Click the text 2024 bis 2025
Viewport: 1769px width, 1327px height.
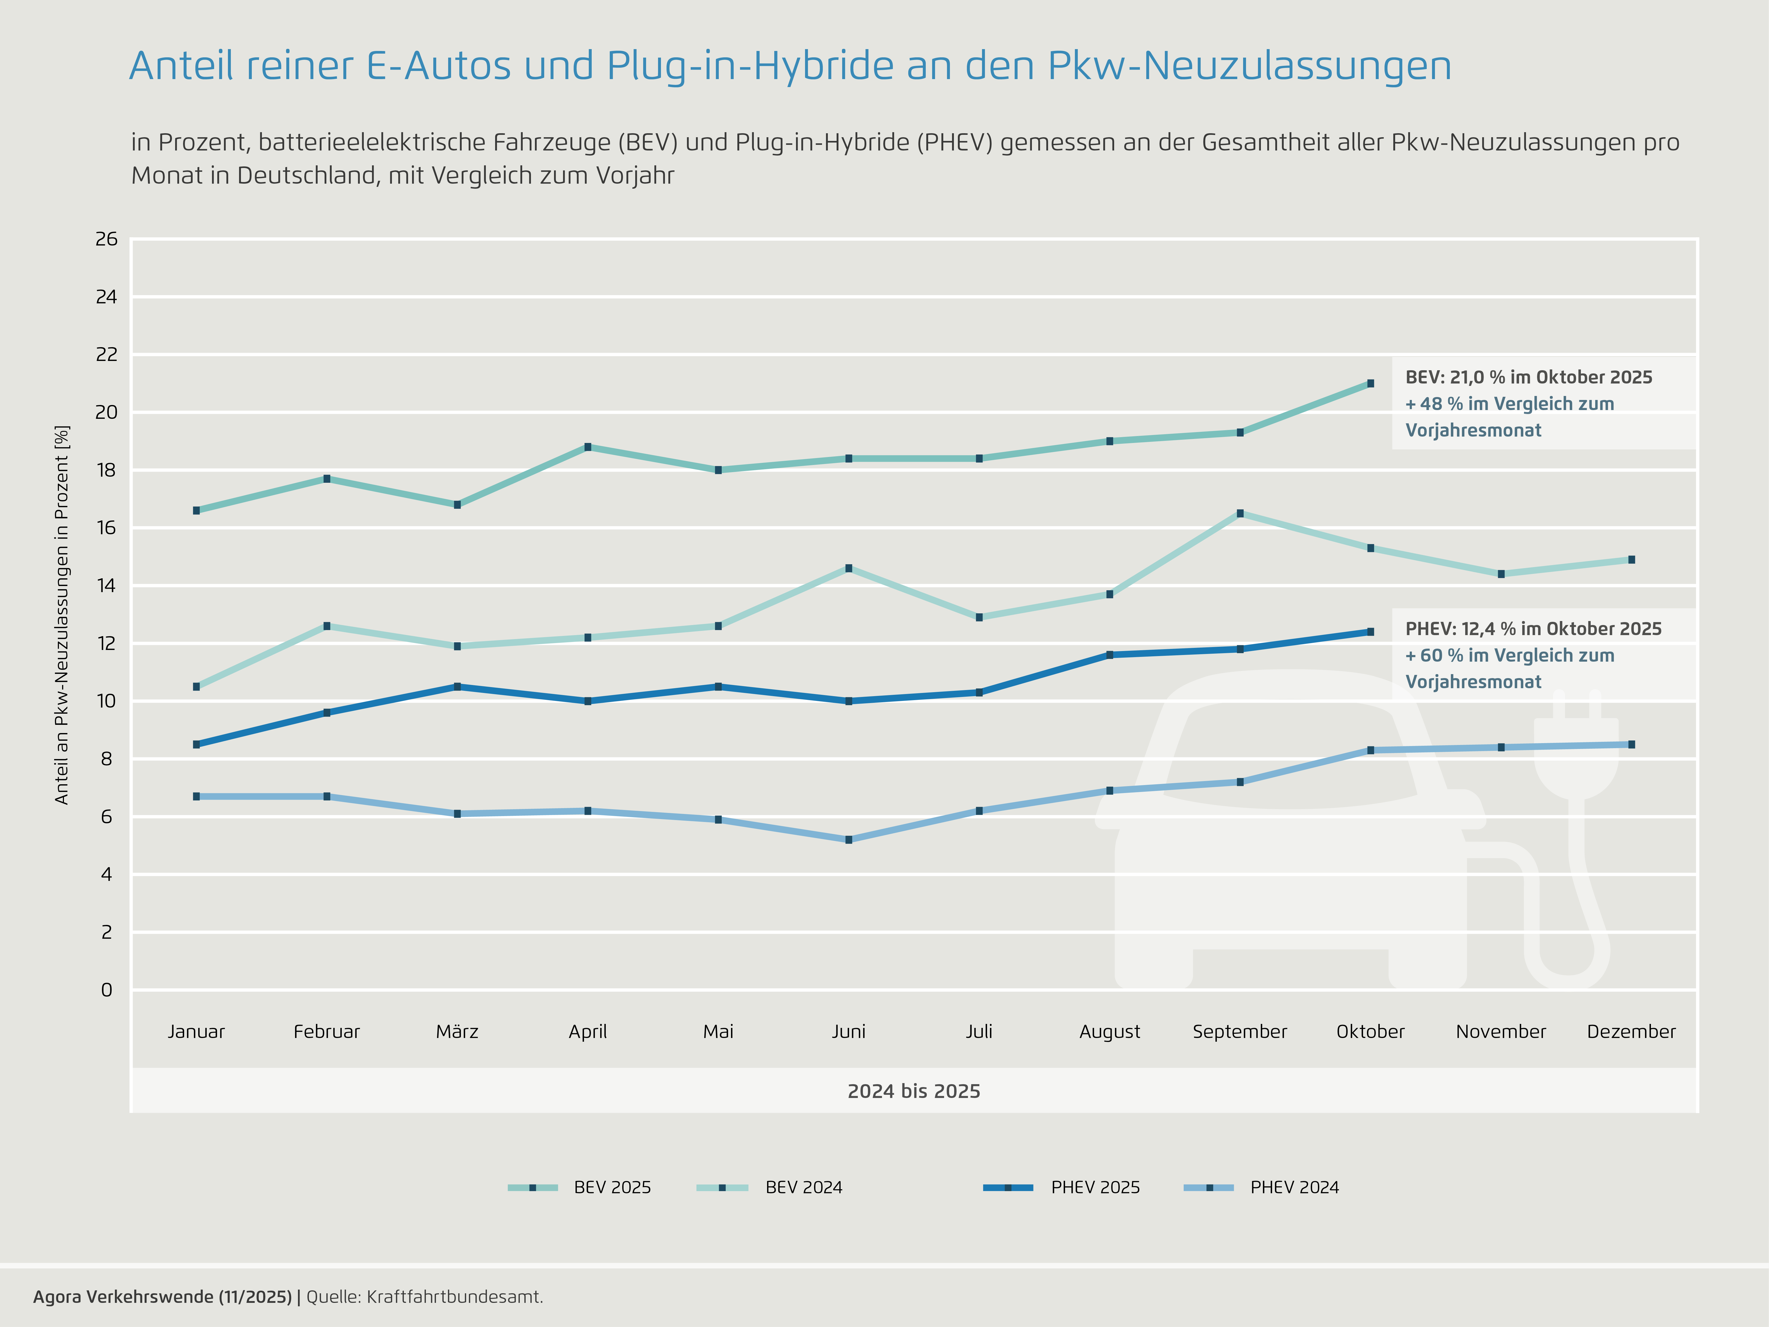913,1091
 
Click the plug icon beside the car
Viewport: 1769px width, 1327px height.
1576,760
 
